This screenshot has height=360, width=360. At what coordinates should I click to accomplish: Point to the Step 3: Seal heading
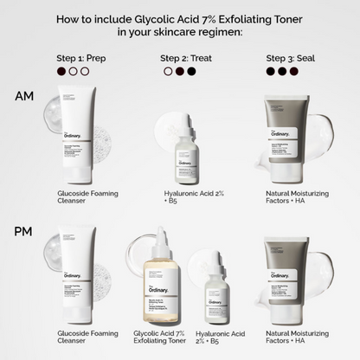288,58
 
